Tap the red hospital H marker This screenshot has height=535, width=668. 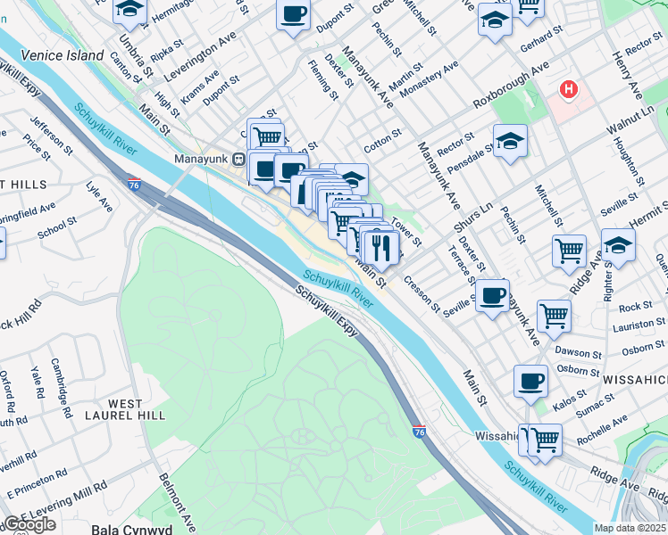coord(567,90)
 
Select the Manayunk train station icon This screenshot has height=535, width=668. coord(238,159)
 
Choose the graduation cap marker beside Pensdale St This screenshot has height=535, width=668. coord(510,141)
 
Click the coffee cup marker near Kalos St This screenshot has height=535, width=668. coord(530,381)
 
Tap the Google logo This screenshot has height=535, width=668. coord(29,524)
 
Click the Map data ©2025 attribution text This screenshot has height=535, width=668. coord(630,528)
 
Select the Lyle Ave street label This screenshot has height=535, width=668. coord(99,198)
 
